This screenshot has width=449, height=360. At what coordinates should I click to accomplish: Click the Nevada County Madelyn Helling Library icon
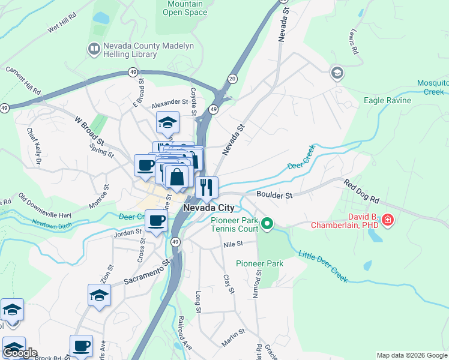94,49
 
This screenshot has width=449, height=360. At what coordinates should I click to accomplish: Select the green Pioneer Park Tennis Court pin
268,225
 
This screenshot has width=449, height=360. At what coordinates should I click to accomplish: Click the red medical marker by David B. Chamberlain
388,220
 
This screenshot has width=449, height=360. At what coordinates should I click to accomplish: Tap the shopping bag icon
176,177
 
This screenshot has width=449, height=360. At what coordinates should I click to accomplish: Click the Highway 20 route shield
232,79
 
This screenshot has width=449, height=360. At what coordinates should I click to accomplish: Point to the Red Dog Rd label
362,191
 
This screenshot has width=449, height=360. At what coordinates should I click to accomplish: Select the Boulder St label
274,195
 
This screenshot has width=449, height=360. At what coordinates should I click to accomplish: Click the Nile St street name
232,244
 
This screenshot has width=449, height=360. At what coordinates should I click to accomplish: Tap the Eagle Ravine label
387,101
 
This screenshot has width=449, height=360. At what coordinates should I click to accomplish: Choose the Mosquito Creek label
432,87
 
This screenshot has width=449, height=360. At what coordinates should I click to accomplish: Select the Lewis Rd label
354,42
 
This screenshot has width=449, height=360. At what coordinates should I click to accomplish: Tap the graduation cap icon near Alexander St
167,123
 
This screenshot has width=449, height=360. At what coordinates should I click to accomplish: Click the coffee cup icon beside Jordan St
156,220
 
